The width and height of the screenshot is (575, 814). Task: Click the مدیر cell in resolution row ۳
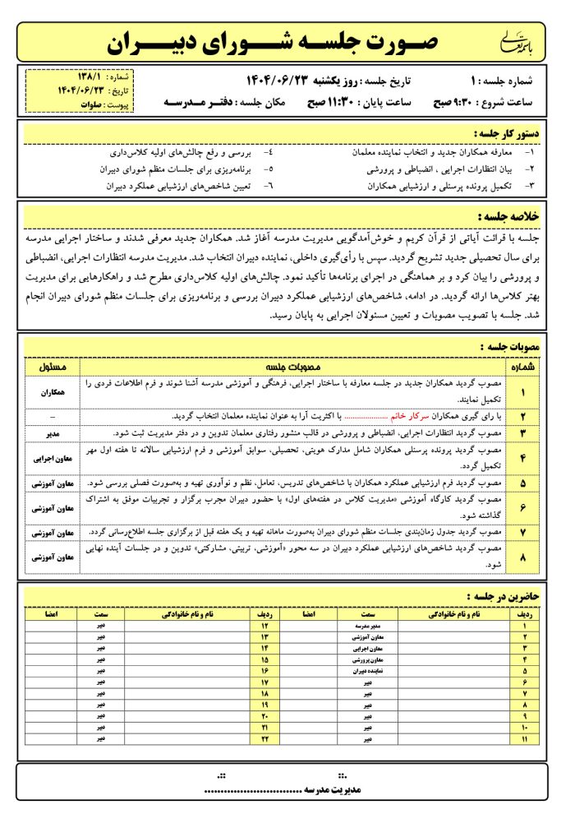[x=53, y=432]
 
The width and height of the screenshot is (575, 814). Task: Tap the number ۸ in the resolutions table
[x=522, y=560]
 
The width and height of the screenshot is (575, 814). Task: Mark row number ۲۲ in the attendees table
[x=265, y=739]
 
